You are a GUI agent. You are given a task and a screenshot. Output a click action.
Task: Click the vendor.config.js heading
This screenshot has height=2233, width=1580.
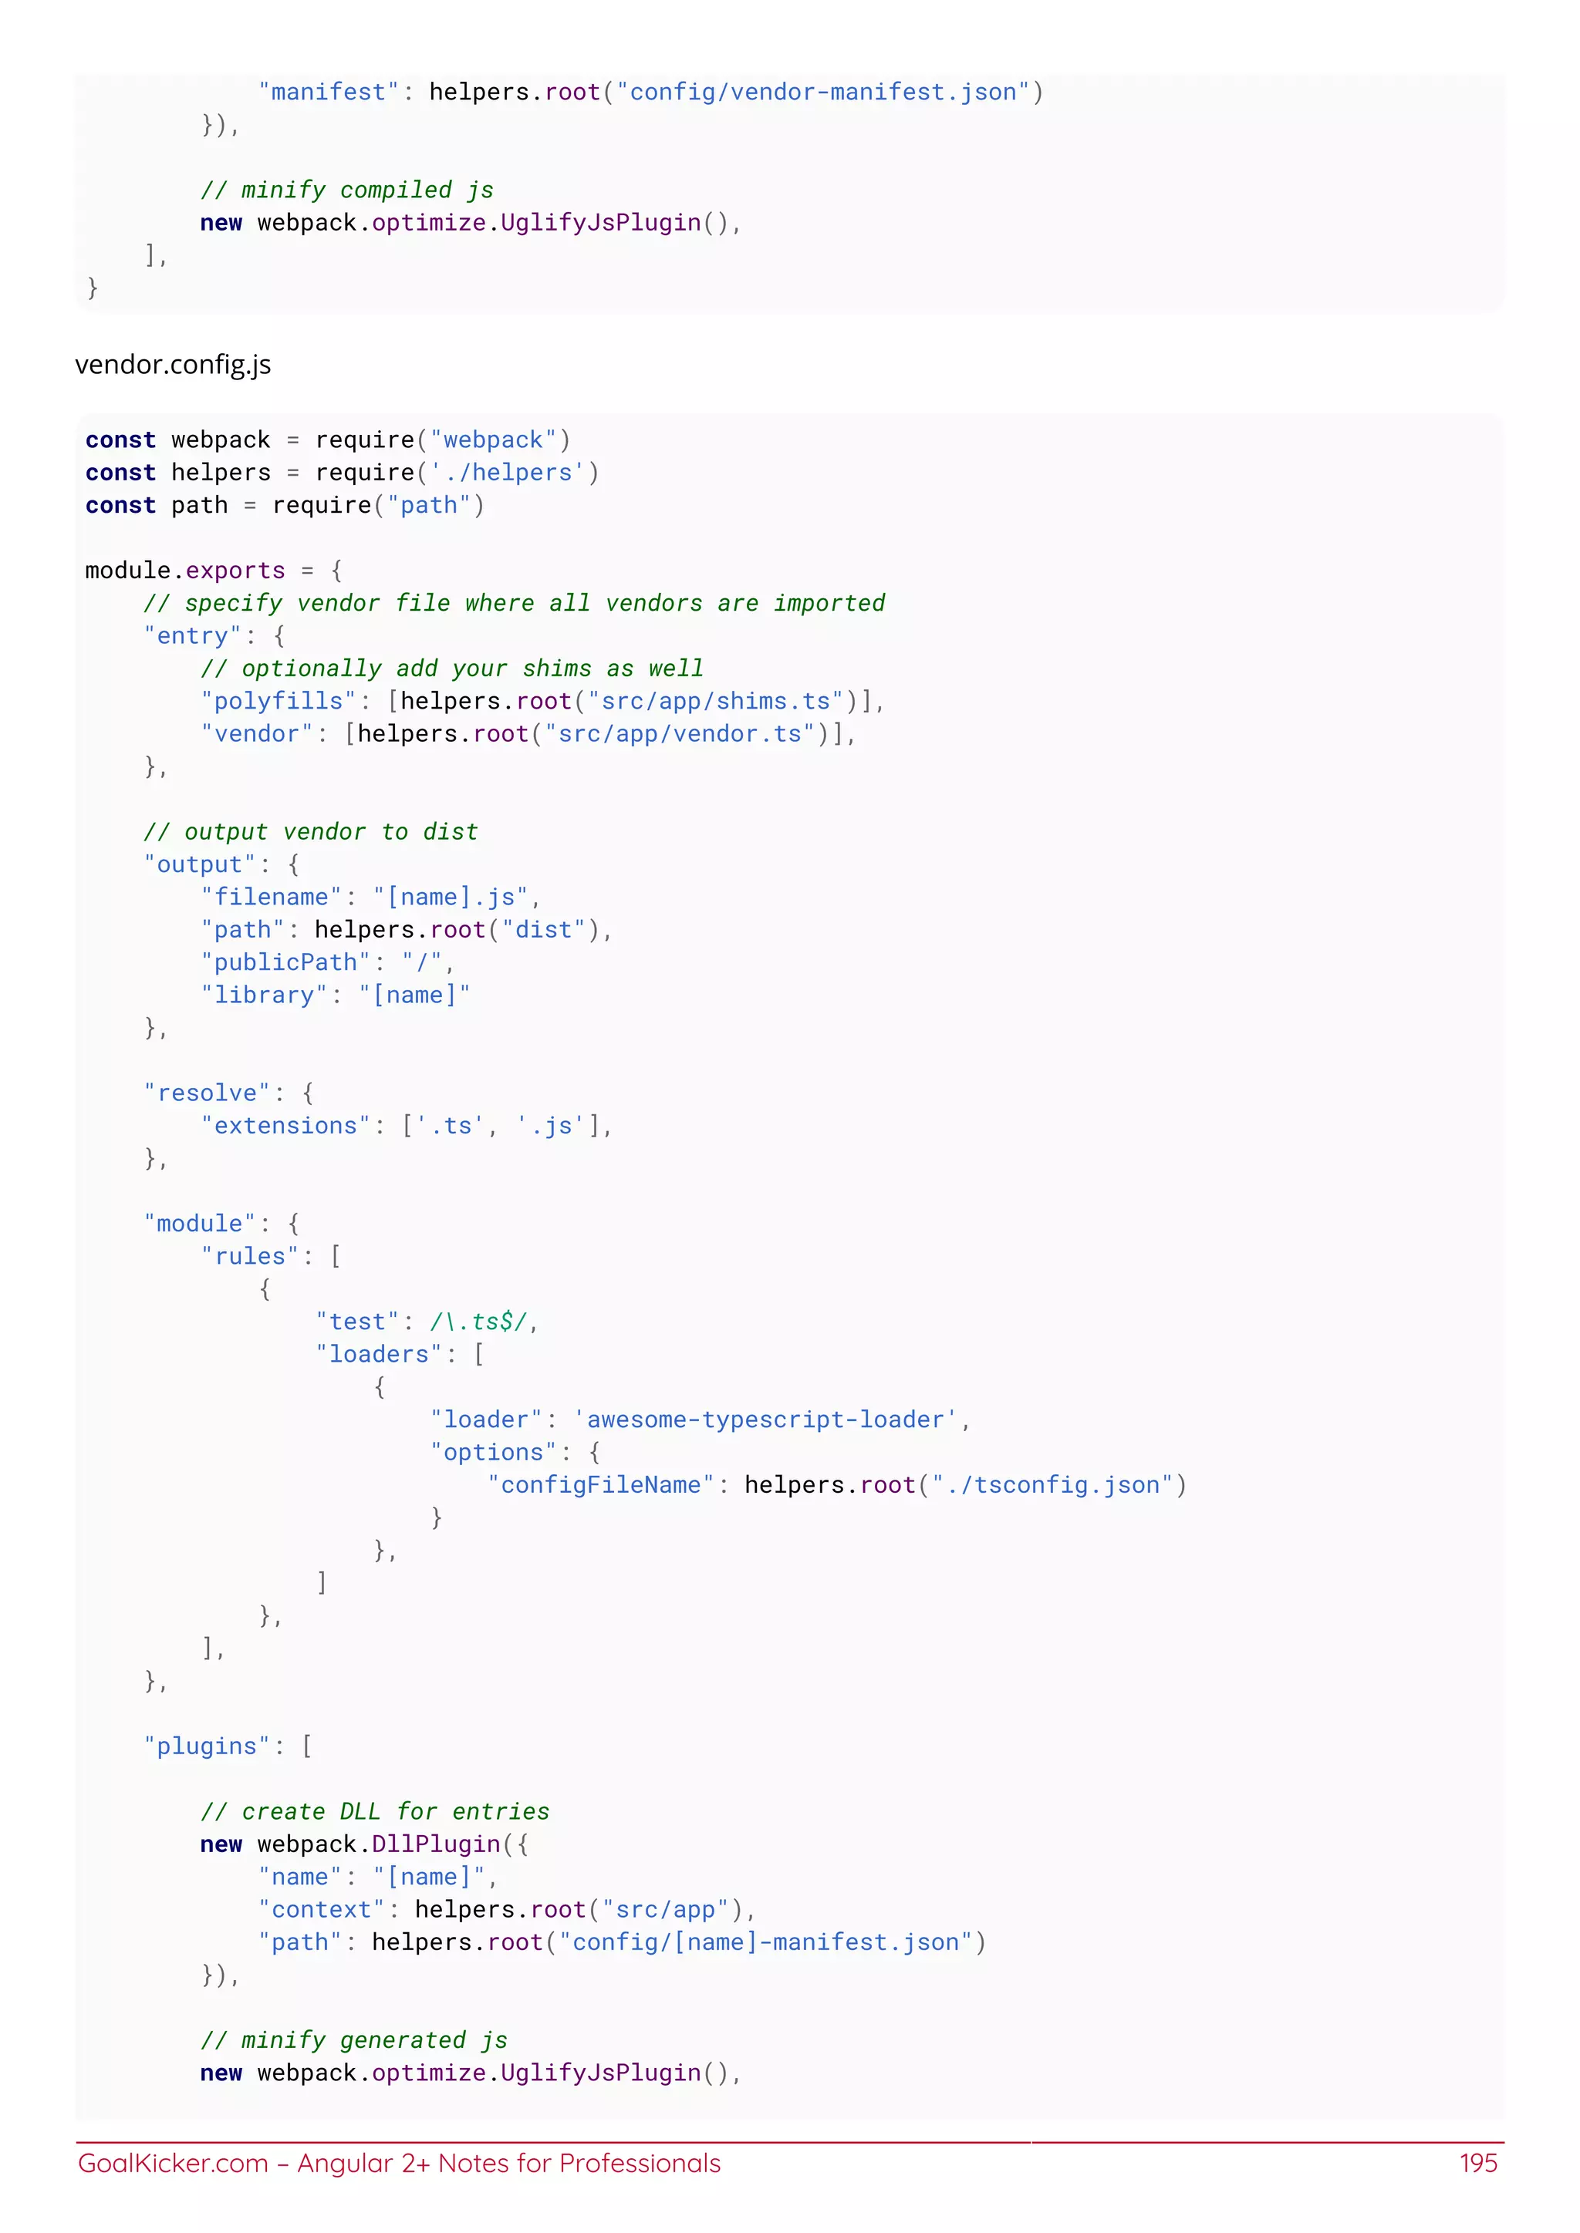pos(173,365)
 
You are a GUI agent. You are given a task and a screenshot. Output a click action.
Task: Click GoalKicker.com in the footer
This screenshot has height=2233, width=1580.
pos(172,2163)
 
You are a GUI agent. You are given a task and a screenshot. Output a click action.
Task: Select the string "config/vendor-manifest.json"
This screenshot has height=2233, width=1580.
pos(823,93)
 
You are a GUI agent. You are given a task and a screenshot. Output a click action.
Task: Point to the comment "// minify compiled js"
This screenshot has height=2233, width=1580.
pos(346,190)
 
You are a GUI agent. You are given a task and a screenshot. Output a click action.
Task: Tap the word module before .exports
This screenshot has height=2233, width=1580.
pos(127,570)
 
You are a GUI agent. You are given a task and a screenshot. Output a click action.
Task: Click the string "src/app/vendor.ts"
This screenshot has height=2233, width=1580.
pos(680,734)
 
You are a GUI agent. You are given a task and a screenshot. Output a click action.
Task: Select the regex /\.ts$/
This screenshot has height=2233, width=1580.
pos(478,1322)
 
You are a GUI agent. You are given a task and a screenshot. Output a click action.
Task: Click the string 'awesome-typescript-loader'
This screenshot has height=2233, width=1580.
pos(765,1420)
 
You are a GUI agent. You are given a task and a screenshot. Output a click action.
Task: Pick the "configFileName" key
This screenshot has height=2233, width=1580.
pos(601,1485)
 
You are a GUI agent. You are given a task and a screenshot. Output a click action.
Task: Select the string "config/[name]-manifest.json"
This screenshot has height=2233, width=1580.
pos(765,1942)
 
